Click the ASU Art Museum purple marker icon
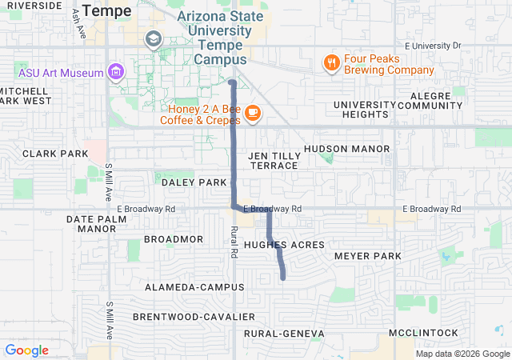[117, 73]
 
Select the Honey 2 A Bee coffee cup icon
[252, 114]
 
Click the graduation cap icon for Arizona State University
[153, 38]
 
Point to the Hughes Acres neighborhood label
[284, 245]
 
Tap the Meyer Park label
[367, 256]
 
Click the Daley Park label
[194, 182]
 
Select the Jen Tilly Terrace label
[274, 160]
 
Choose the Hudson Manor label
[346, 149]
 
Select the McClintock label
[423, 333]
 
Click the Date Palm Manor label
[91, 223]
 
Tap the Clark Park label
[55, 154]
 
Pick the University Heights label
[365, 110]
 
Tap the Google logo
[26, 350]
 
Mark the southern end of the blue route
[284, 278]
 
